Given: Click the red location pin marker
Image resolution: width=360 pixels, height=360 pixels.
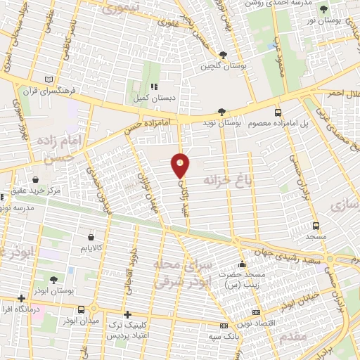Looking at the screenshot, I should pos(181,165).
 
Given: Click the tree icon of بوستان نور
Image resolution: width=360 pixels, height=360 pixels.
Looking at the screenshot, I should pos(323,10).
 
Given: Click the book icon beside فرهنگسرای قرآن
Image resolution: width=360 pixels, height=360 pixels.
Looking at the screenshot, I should pos(48,79).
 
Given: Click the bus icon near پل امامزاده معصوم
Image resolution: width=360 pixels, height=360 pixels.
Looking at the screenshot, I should pos(279,112).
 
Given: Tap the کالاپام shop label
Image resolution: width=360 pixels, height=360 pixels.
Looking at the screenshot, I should pos(93,249).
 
